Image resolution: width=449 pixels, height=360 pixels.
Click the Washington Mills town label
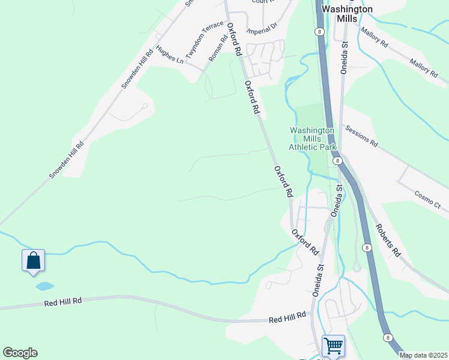(347, 14)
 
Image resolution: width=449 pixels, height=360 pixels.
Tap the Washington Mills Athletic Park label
(312, 139)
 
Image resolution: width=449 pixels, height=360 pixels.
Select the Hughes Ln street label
(169, 54)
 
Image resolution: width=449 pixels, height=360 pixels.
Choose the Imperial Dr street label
(264, 27)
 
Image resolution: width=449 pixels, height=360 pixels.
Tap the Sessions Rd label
(361, 136)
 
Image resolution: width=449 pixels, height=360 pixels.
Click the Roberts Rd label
(388, 240)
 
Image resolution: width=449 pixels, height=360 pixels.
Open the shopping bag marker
(34, 261)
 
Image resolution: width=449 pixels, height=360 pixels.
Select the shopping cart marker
(333, 346)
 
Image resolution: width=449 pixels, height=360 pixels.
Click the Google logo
(20, 352)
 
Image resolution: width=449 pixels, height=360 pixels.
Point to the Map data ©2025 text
(423, 355)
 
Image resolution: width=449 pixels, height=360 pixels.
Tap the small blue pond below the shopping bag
(45, 286)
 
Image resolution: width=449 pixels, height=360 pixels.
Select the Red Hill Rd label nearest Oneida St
(287, 317)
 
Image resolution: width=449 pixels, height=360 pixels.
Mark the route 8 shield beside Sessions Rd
(337, 161)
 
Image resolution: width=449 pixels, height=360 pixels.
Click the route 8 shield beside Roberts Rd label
(366, 247)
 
